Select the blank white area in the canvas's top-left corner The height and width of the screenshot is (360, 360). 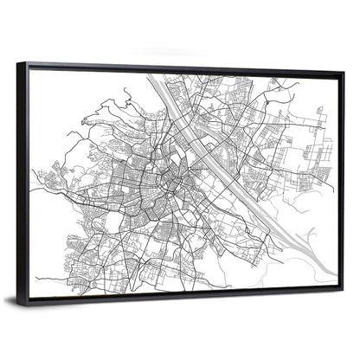point(52,87)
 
